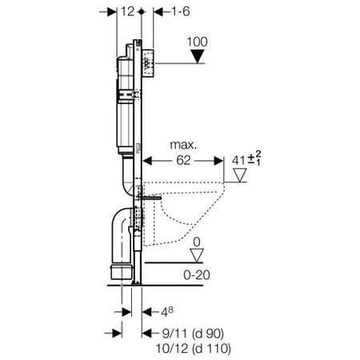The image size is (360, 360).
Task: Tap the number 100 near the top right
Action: click(197, 41)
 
